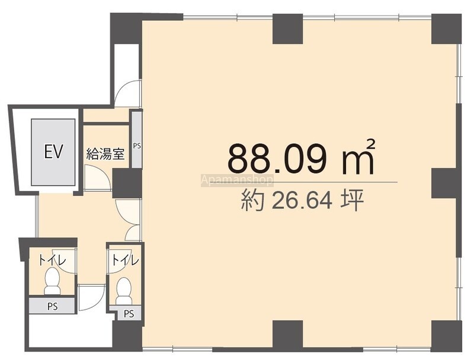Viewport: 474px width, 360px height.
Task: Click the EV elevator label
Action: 53,152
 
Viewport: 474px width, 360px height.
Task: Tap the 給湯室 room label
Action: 105,154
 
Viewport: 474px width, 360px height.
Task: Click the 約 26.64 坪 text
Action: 302,201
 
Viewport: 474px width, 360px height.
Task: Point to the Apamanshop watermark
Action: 237,181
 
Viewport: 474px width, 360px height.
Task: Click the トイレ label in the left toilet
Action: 52,260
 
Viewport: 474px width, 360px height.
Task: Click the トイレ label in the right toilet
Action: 125,260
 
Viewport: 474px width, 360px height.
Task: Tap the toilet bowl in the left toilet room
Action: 52,280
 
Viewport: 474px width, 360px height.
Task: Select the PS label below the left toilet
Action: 52,307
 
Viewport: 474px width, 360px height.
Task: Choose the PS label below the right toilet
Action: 129,314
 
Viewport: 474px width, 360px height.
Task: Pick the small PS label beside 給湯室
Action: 137,146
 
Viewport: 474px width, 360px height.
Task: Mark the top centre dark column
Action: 288,29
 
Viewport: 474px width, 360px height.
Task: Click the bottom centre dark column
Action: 288,335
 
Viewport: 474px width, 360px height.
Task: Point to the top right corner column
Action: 447,29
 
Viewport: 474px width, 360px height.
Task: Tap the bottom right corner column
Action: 447,335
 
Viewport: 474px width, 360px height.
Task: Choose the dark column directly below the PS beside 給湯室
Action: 127,184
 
